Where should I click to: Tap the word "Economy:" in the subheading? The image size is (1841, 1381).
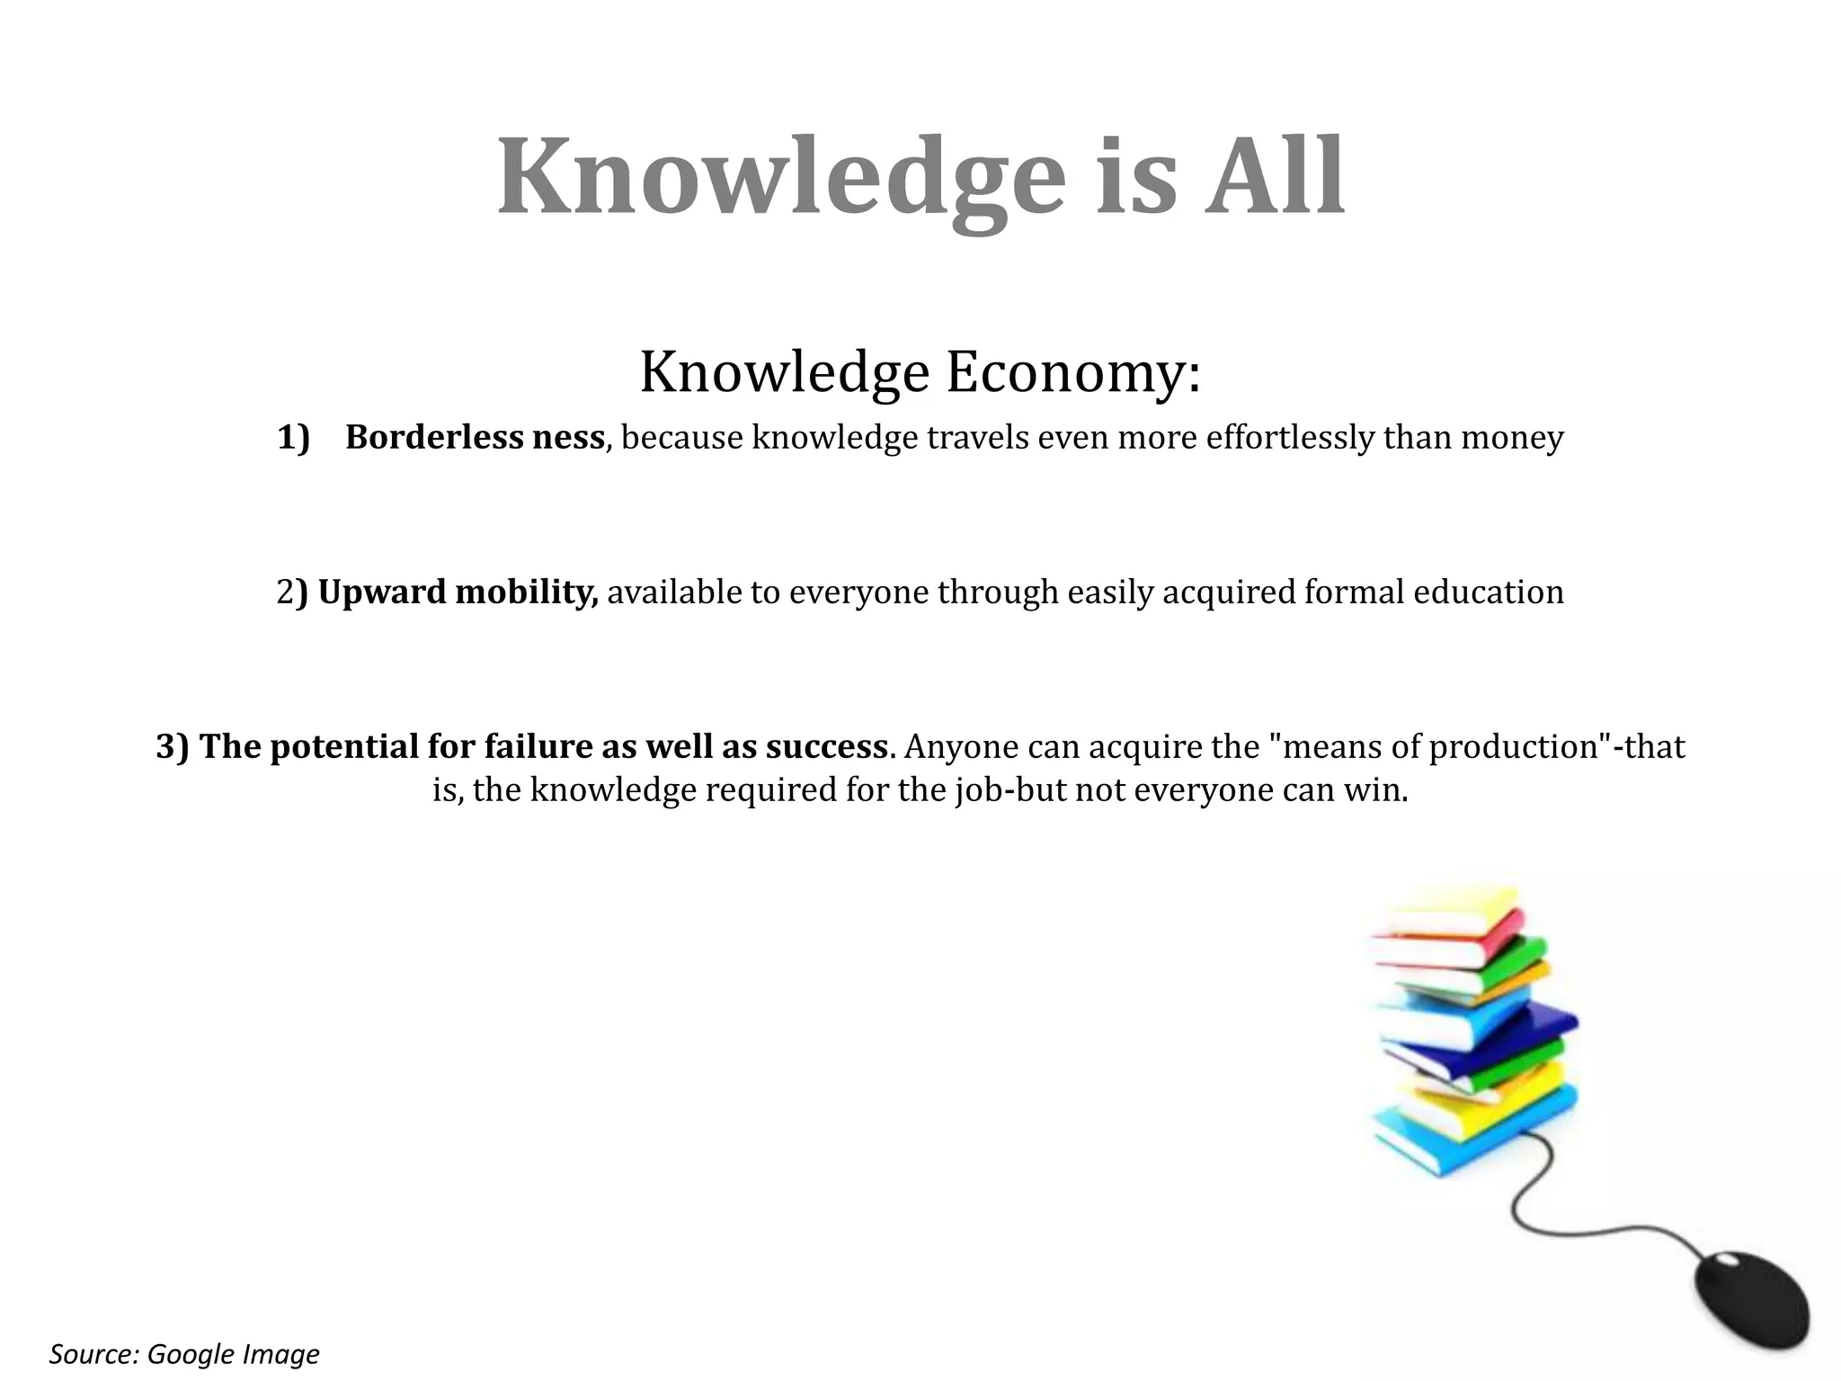[1073, 372]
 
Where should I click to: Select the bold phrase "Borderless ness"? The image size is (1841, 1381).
[475, 438]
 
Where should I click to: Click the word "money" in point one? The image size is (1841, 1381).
[1512, 438]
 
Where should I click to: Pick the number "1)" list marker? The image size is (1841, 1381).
[293, 438]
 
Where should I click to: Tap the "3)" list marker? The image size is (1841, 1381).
[173, 747]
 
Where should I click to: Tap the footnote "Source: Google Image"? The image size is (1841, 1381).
[184, 1354]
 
